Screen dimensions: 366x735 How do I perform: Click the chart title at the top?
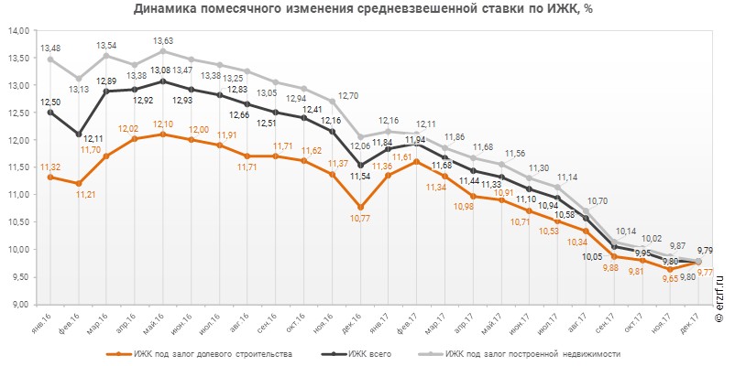[367, 10]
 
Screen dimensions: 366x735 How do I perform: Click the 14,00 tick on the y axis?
[17, 30]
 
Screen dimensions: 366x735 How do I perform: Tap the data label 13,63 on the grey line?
[163, 41]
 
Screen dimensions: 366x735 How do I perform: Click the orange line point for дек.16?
[360, 207]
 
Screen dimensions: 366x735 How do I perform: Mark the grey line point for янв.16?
[50, 59]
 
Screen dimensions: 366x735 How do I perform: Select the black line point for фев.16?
[79, 134]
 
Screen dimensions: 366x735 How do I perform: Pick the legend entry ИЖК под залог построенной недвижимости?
[531, 352]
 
